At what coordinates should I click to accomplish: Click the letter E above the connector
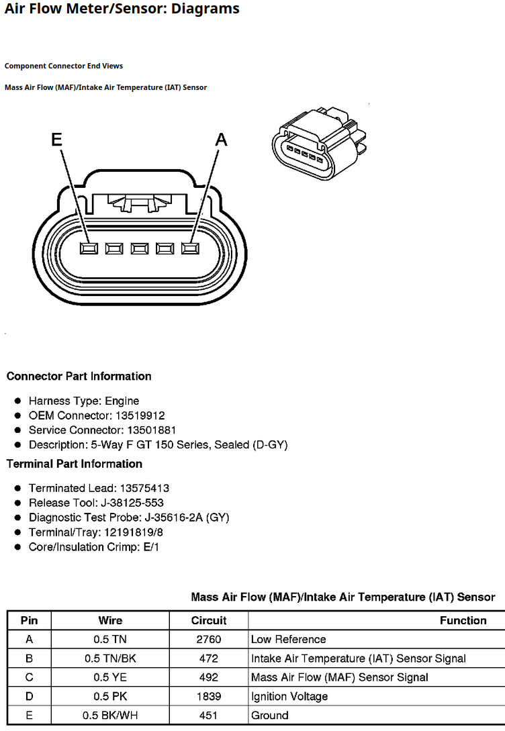pyautogui.click(x=56, y=139)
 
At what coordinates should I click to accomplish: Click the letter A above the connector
pyautogui.click(x=221, y=139)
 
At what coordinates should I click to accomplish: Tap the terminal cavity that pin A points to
pyautogui.click(x=190, y=248)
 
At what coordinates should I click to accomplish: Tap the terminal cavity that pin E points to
pyautogui.click(x=89, y=248)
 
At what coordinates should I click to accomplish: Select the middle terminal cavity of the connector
pyautogui.click(x=140, y=248)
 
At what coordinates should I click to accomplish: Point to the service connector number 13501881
pyautogui.click(x=151, y=430)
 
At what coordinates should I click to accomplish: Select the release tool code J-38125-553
pyautogui.click(x=132, y=503)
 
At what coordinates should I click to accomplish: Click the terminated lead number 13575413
pyautogui.click(x=144, y=488)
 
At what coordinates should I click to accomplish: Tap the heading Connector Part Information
pyautogui.click(x=79, y=376)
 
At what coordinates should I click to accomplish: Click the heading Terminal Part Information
pyautogui.click(x=74, y=464)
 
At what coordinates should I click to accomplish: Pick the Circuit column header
pyautogui.click(x=208, y=620)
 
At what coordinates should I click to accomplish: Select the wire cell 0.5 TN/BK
pyautogui.click(x=110, y=659)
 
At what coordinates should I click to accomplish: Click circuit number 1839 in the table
pyautogui.click(x=208, y=696)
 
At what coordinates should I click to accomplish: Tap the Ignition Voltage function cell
pyautogui.click(x=289, y=697)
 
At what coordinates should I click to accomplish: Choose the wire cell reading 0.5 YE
pyautogui.click(x=110, y=677)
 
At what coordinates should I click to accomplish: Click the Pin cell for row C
pyautogui.click(x=29, y=677)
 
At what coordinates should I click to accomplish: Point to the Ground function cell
pyautogui.click(x=269, y=715)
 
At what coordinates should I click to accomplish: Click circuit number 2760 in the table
pyautogui.click(x=208, y=639)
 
